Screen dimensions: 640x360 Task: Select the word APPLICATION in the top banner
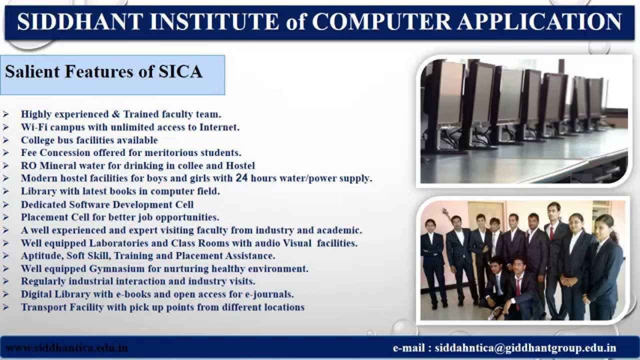click(x=539, y=21)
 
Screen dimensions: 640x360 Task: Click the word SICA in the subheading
click(x=180, y=71)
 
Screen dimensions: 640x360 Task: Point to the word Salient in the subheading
click(x=32, y=71)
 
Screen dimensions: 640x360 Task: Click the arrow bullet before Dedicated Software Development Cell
click(x=5, y=204)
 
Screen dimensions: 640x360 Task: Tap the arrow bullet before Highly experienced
click(x=5, y=114)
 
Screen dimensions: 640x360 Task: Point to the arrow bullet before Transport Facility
click(x=5, y=307)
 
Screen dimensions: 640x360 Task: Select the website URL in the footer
click(x=67, y=348)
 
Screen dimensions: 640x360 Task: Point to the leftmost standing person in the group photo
click(x=432, y=263)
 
